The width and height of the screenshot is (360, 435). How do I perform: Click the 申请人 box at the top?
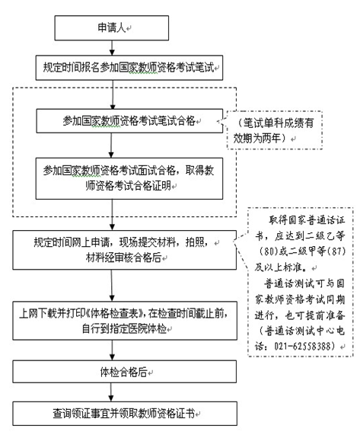[111, 27]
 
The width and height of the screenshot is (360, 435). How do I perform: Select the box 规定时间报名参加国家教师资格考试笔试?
[129, 68]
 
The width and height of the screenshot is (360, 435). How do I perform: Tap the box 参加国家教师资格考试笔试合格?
[129, 120]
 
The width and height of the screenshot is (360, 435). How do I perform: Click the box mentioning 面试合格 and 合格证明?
[129, 178]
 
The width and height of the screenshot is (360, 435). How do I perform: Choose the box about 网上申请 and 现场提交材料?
[124, 250]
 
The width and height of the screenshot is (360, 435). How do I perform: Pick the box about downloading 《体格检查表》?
[125, 321]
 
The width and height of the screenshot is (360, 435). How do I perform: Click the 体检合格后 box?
[124, 372]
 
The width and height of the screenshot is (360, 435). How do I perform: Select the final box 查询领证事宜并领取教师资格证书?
[125, 414]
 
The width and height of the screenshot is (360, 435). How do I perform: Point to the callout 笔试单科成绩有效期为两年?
[274, 130]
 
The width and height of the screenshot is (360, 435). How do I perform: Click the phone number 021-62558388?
[303, 346]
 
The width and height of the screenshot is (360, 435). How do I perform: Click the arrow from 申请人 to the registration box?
[112, 48]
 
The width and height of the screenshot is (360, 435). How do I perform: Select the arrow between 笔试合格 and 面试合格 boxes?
[111, 146]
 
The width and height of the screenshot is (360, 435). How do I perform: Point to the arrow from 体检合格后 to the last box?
[111, 392]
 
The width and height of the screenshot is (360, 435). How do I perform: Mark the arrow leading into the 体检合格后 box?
[112, 350]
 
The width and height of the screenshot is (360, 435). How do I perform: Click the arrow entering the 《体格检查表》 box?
[112, 286]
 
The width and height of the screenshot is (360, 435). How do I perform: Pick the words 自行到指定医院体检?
[124, 329]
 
